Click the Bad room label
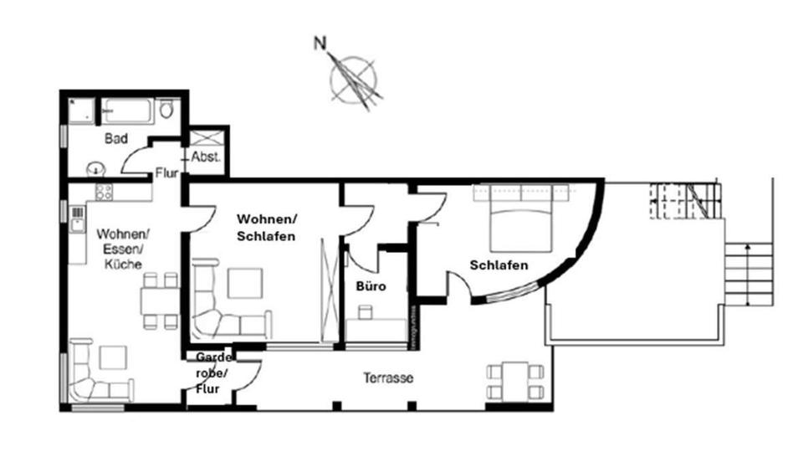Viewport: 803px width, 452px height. point(115,137)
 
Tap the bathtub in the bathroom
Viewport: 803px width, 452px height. point(128,110)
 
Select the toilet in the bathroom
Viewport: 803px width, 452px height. point(166,110)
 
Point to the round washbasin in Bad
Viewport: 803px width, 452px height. point(98,168)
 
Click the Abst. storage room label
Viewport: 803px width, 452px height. point(205,157)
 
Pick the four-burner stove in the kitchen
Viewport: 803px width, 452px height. point(104,192)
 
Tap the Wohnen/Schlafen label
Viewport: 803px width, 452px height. point(266,227)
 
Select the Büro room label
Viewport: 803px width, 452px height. point(371,286)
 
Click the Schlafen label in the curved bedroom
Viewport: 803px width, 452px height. point(499,265)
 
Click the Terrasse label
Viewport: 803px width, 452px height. point(388,378)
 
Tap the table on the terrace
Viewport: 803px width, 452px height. point(515,381)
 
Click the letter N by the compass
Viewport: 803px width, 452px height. point(320,43)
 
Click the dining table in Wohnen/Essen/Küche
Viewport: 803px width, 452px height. point(159,300)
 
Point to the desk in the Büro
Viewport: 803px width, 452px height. point(374,321)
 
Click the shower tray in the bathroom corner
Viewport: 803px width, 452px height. point(82,111)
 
